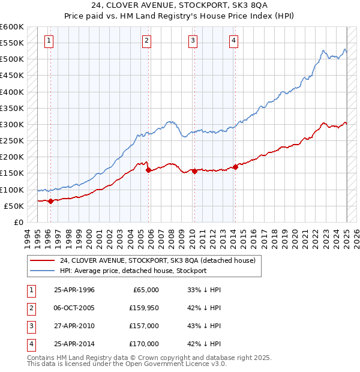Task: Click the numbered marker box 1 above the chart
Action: (49, 41)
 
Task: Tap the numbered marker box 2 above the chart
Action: (146, 41)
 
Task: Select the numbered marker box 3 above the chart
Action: (193, 41)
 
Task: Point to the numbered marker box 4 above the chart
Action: (233, 41)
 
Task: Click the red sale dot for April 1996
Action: (50, 201)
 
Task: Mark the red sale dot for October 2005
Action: (148, 170)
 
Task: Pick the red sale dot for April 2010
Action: (194, 171)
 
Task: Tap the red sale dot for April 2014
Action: (236, 167)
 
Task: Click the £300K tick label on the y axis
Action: (12, 124)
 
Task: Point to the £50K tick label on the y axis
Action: (14, 206)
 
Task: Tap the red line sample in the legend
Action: (43, 261)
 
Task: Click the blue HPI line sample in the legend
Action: (43, 271)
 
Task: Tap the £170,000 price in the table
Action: (144, 344)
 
